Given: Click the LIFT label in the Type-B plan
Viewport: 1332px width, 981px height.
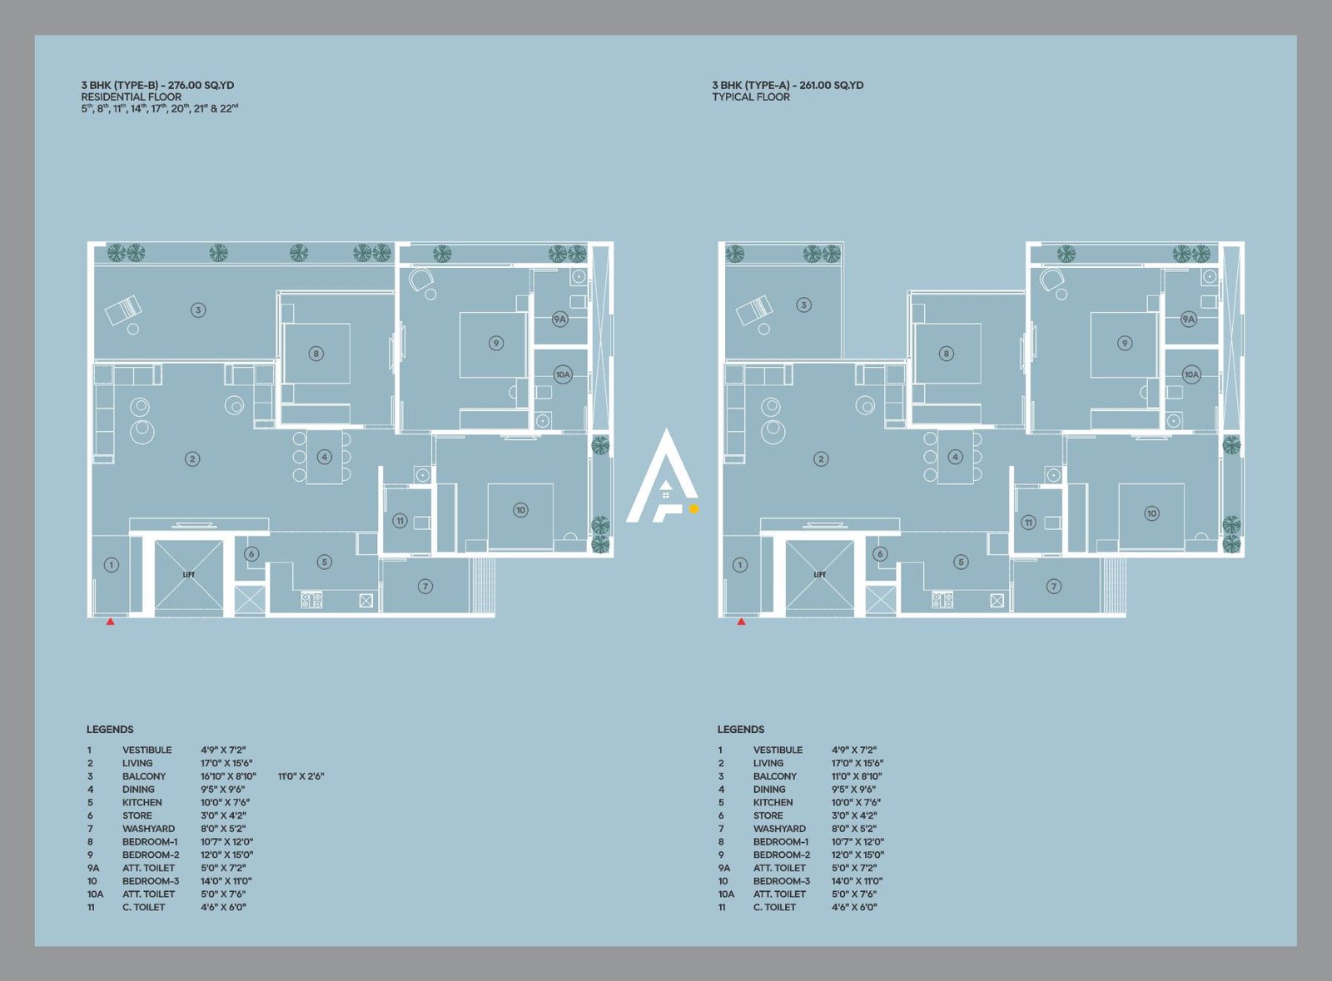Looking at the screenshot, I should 189,574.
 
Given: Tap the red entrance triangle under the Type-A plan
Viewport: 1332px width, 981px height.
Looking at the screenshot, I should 741,621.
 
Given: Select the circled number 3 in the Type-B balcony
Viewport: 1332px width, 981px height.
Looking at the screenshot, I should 198,310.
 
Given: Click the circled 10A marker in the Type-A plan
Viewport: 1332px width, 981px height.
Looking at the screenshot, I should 1191,374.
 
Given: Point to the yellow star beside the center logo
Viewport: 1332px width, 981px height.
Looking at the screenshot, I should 693,508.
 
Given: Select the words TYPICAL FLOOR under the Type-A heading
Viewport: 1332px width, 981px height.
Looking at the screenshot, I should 750,97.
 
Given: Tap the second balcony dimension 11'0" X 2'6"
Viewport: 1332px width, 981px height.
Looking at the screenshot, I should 301,776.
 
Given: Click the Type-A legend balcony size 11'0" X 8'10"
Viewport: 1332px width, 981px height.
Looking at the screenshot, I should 857,776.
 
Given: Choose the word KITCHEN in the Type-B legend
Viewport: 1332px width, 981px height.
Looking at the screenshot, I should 142,802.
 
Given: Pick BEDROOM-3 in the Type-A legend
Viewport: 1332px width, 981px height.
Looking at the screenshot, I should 781,881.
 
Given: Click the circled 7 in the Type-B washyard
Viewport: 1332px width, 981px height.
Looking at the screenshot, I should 425,586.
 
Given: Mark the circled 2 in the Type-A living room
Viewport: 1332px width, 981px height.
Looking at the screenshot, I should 821,458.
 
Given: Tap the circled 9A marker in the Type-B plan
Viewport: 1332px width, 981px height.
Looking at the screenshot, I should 560,319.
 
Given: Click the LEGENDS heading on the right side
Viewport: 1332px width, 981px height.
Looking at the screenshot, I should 740,729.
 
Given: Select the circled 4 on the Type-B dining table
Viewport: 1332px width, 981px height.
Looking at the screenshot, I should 325,456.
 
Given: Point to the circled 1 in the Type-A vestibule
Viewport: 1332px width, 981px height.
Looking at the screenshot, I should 740,565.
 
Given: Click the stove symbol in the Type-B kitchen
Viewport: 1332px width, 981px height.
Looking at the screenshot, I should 311,599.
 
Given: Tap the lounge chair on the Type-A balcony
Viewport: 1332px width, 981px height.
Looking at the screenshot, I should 754,311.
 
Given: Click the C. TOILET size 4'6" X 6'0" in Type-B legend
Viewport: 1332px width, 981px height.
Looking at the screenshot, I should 223,907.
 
